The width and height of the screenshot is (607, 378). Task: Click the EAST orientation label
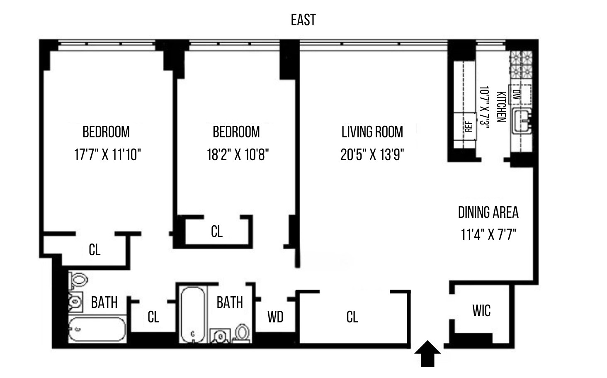click(303, 20)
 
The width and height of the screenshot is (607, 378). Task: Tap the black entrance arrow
click(427, 354)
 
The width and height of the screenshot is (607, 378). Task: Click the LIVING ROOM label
click(372, 132)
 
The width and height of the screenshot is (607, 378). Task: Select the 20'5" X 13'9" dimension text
click(372, 155)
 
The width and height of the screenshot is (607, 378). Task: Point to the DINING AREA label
click(488, 212)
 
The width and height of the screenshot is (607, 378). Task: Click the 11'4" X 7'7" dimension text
click(488, 235)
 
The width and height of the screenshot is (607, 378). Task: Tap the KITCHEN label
click(501, 107)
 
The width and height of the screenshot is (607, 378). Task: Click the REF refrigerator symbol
click(468, 126)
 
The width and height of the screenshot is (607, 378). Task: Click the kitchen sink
click(522, 121)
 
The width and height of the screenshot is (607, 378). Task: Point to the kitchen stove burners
click(521, 64)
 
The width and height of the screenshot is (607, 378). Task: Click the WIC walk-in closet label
click(481, 311)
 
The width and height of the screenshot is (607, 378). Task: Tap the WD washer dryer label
click(275, 317)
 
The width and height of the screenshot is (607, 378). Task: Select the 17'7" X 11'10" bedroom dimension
click(107, 155)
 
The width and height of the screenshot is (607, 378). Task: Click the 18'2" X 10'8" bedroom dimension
click(238, 155)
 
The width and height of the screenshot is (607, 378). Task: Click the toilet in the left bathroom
click(78, 280)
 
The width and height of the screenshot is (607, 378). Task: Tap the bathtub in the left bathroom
click(97, 329)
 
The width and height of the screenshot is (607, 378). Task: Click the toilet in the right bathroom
click(242, 333)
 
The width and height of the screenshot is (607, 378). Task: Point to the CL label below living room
click(352, 317)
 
